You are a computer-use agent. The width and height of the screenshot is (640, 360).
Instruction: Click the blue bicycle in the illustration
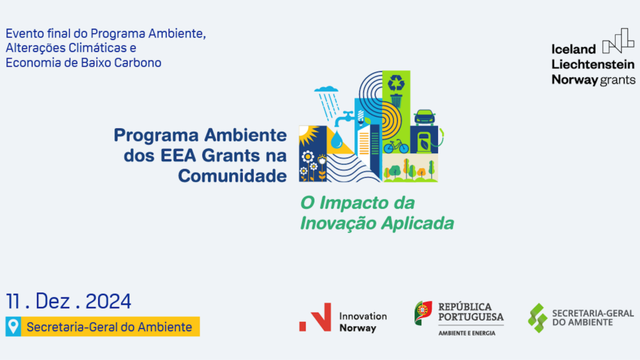point(396,146)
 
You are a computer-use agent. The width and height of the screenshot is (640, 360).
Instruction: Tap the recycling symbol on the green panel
point(396,83)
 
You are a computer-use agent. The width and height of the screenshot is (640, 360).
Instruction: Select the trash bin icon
point(396,101)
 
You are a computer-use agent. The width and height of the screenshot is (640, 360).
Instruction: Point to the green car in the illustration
point(424,117)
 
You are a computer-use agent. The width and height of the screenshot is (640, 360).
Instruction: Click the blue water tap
point(344,118)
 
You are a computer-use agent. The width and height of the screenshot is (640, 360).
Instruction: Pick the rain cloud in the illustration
point(326,89)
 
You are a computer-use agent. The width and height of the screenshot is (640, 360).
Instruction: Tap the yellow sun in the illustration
point(307,136)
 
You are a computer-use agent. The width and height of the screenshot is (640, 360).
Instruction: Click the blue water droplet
point(337,139)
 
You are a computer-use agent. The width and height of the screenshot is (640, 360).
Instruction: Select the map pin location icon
point(13,326)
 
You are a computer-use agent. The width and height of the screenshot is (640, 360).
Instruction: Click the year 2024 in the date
point(108,301)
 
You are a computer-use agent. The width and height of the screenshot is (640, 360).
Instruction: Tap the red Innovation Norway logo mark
point(316,317)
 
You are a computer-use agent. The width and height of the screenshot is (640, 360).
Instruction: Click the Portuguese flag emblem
point(423,313)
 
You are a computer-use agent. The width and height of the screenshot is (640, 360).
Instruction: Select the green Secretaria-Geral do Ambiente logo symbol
point(537,318)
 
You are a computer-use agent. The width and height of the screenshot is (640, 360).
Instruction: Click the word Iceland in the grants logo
point(574,49)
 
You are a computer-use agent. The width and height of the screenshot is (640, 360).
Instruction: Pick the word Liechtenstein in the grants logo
point(593,64)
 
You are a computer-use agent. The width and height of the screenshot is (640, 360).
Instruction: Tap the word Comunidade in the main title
point(232,176)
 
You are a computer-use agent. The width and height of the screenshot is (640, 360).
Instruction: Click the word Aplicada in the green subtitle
point(417,223)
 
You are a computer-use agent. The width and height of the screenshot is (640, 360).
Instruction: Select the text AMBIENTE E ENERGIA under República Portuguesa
point(466,334)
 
